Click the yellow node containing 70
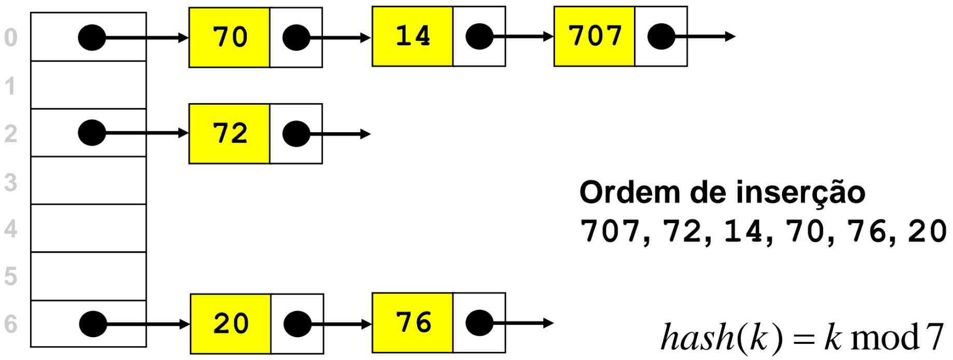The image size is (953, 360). point(229,37)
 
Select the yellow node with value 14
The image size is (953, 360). point(412,36)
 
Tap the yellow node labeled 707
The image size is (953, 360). point(595,36)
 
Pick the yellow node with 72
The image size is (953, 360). point(229,134)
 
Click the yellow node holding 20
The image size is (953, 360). point(230,324)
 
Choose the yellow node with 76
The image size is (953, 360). point(412,323)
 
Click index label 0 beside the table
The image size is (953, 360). point(10,38)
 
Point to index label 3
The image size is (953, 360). point(10,183)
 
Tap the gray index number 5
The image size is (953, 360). point(10,276)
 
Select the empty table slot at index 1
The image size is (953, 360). point(88,85)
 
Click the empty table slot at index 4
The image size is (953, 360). point(88,228)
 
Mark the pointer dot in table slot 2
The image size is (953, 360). point(92,133)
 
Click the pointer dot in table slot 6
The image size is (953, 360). point(93,324)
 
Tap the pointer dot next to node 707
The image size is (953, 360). point(661,37)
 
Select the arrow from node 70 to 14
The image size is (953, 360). point(340,38)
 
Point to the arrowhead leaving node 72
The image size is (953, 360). point(366,134)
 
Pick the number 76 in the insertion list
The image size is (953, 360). point(867,231)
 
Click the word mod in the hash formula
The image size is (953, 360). point(884,338)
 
